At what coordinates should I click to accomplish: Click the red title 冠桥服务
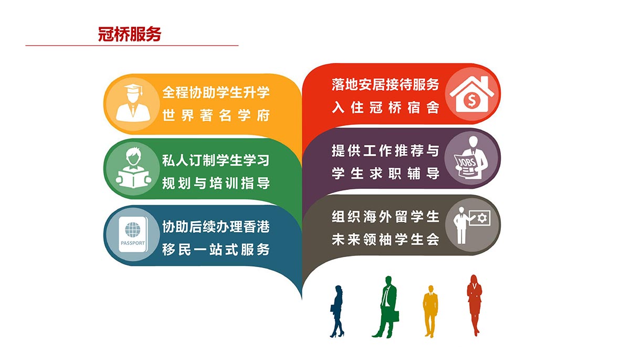tap(129, 34)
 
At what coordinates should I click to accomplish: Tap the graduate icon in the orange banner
tap(133, 103)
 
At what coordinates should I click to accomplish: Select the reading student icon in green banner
tap(133, 168)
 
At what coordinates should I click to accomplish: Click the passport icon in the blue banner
tap(133, 235)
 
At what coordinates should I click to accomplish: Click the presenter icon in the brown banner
tap(472, 225)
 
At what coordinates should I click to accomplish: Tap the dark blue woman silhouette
tap(337, 311)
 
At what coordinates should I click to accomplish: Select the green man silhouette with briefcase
tap(386, 307)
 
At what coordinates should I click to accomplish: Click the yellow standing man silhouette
tap(430, 311)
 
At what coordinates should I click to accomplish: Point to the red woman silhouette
tap(475, 305)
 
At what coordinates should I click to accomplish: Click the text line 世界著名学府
tap(216, 115)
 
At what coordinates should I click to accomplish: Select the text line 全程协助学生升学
tap(216, 92)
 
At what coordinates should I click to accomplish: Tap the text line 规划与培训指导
tap(216, 183)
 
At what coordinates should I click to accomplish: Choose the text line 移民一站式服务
tap(216, 250)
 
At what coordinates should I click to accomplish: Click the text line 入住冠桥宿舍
tap(385, 108)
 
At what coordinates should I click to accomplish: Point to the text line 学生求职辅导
tap(385, 173)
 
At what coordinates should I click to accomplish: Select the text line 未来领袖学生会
tap(385, 239)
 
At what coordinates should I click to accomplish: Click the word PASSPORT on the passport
tap(132, 243)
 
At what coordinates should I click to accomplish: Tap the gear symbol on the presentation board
tap(482, 218)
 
